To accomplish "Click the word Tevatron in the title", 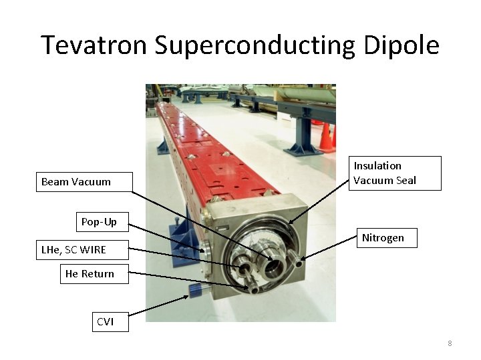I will (94, 45).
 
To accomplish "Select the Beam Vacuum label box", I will (84, 182).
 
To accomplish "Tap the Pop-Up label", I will (99, 221).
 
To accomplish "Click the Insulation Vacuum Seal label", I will (395, 173).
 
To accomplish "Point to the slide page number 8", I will (450, 343).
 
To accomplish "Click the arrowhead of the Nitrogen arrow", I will (303, 259).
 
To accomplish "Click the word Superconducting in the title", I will (253, 45).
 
